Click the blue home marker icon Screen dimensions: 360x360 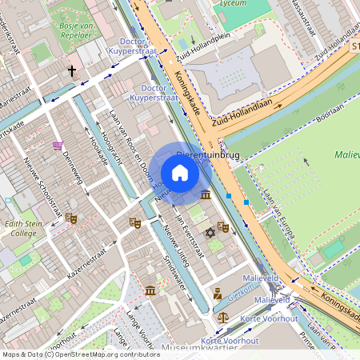point(180,173)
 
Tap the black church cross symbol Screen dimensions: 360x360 point(71,71)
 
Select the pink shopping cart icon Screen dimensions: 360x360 point(58,146)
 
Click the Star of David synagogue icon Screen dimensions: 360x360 point(210,232)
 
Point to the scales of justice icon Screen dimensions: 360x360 point(222,318)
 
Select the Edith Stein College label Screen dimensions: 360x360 point(18,229)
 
